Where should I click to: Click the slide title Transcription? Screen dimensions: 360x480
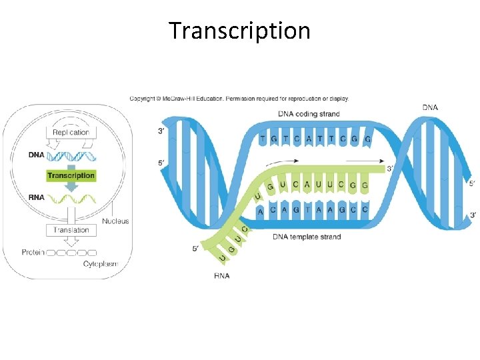[x=239, y=31]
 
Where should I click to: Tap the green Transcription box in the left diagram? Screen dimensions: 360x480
[x=71, y=175]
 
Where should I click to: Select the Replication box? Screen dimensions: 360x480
[x=71, y=132]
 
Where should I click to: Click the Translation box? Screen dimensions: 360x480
[x=71, y=230]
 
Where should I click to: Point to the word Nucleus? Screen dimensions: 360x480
[x=115, y=221]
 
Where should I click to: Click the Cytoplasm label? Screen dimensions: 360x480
[x=101, y=265]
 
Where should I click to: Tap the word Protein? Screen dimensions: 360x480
[x=33, y=253]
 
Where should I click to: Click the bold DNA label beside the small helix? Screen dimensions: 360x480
[x=37, y=155]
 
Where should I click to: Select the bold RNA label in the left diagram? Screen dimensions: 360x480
[x=37, y=197]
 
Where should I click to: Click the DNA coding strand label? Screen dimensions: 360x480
[x=309, y=114]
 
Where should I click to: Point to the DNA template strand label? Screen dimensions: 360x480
[x=307, y=237]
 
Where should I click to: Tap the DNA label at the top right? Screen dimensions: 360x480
[x=430, y=107]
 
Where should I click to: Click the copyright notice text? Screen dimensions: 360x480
[x=239, y=99]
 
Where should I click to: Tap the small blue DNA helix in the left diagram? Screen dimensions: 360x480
[x=71, y=157]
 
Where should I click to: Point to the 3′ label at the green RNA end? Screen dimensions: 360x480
[x=391, y=169]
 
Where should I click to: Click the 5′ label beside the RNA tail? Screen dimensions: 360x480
[x=195, y=249]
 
